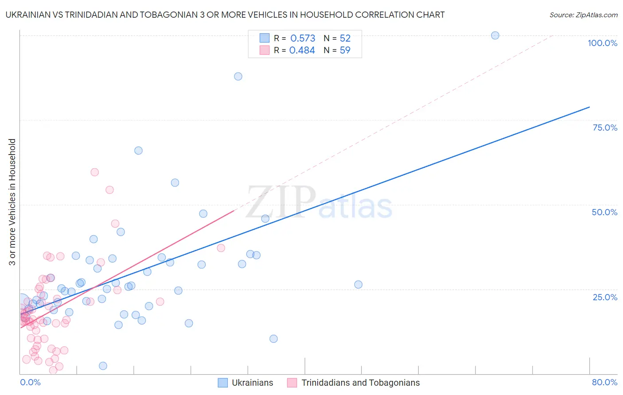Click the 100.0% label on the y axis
602,43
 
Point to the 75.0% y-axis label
605,128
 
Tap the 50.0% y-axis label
604,212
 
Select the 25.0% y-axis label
605,297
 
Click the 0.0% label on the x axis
30,382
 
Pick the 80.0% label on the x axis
604,382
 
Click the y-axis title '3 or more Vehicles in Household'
12,202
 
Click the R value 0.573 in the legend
303,38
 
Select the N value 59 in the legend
345,50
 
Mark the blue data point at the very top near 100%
495,35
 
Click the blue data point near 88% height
238,76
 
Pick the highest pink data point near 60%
94,172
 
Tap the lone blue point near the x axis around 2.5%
103,366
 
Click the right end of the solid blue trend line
589,107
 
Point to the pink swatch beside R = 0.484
265,50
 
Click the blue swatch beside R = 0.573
265,38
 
